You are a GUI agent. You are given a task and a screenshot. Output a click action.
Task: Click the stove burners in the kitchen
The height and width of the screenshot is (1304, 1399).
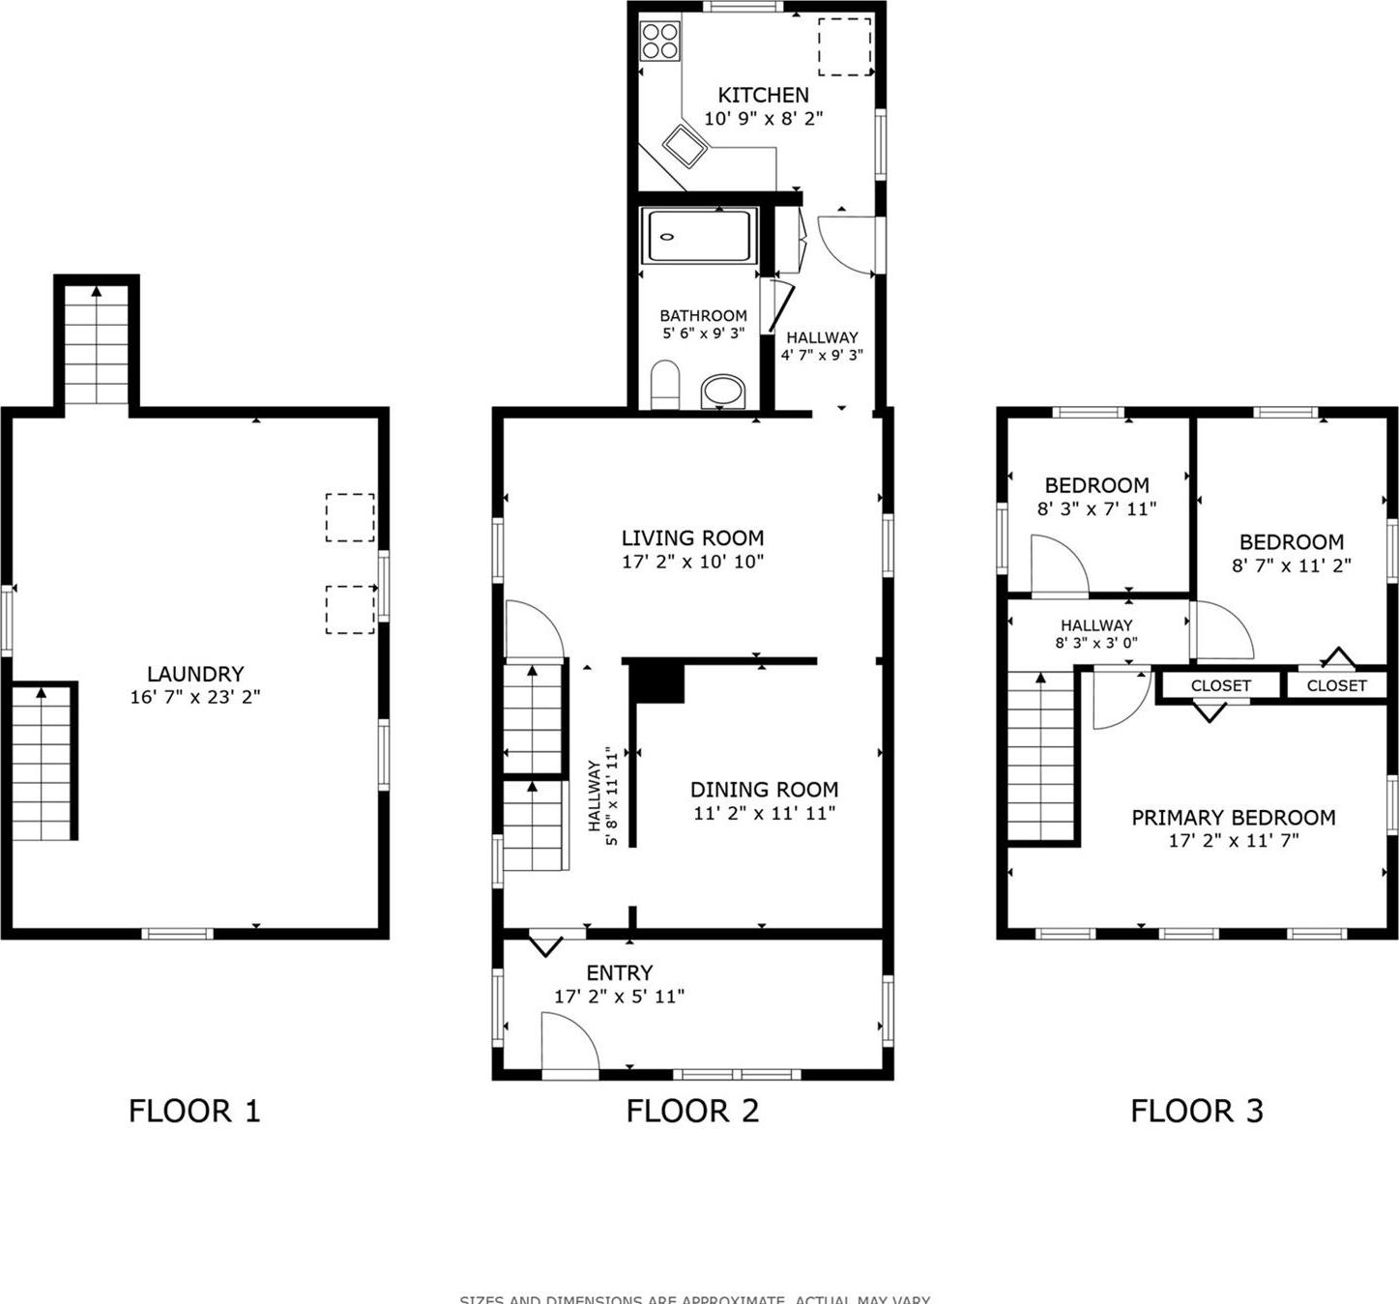(x=660, y=41)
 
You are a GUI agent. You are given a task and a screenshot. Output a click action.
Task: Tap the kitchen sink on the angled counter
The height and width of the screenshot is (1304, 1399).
(x=686, y=146)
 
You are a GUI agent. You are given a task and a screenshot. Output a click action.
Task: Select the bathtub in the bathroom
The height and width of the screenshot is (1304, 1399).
(x=698, y=237)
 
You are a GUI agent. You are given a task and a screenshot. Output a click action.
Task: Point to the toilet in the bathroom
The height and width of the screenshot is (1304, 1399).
(x=664, y=386)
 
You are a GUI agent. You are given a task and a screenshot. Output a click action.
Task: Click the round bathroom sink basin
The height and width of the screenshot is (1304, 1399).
(x=722, y=391)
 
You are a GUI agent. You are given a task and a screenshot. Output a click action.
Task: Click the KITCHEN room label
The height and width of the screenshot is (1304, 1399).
(x=763, y=95)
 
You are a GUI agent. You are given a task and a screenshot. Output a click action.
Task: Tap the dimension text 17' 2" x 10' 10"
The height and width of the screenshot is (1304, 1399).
(x=692, y=562)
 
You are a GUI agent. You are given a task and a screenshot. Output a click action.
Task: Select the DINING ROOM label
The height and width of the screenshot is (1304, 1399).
(x=764, y=789)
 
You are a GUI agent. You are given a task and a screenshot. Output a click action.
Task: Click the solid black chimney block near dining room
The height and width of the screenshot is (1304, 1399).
(x=657, y=682)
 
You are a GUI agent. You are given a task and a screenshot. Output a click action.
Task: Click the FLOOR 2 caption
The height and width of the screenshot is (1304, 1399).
(x=692, y=1111)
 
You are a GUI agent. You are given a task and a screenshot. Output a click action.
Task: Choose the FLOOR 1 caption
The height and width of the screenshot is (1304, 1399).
(x=194, y=1111)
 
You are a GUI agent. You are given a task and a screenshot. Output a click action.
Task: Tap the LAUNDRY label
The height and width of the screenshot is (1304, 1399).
(x=195, y=674)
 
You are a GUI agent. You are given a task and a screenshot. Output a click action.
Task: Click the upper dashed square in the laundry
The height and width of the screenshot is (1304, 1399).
(x=350, y=517)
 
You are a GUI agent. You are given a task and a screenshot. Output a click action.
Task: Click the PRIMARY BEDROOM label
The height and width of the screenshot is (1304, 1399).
(x=1233, y=818)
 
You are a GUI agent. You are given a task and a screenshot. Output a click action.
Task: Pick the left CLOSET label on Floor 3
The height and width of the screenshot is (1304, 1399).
(x=1220, y=685)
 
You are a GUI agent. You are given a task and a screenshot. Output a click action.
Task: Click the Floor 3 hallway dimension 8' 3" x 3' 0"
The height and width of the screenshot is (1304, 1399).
(x=1095, y=643)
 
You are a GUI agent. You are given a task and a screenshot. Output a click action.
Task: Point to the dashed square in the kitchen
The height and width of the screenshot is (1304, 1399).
(x=845, y=46)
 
